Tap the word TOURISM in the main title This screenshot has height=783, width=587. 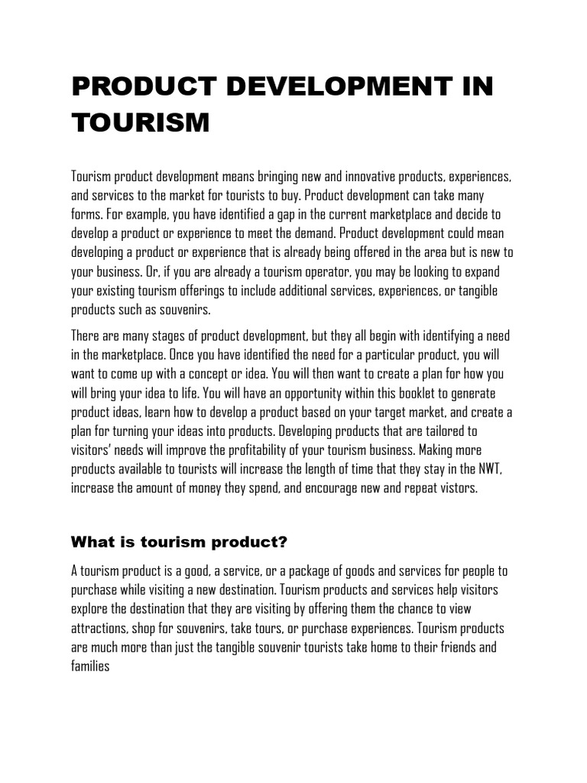pos(140,122)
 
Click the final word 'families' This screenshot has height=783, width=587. pos(90,664)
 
